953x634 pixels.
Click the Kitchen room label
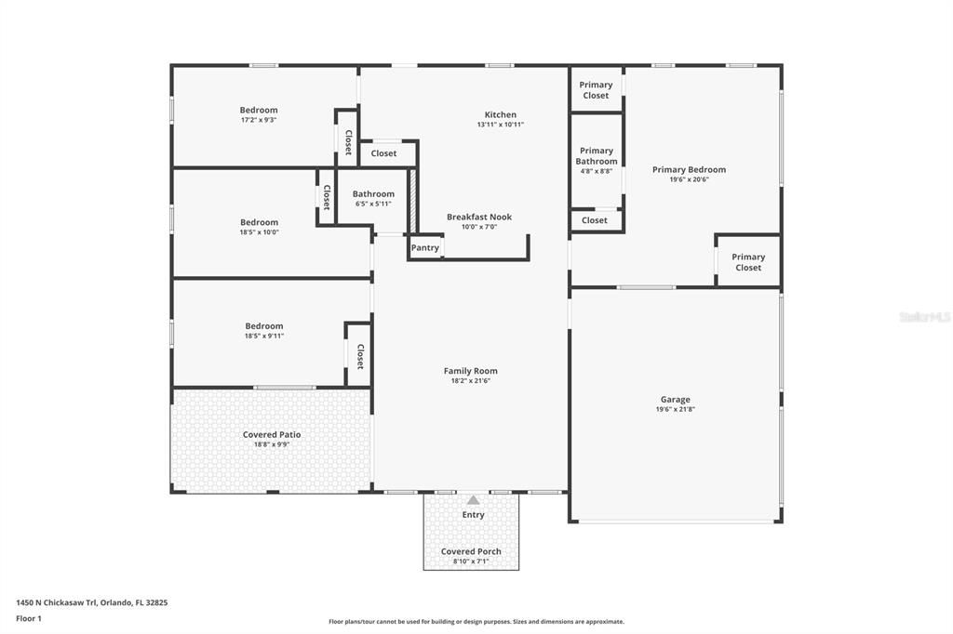tap(500, 114)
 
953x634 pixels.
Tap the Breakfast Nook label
tap(479, 217)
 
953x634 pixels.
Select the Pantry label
tap(424, 248)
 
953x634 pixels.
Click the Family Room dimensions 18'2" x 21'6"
tap(470, 381)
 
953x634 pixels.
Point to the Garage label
tap(676, 400)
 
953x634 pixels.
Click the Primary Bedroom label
tap(690, 169)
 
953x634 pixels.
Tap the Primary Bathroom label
tap(597, 156)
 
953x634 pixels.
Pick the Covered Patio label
tap(272, 435)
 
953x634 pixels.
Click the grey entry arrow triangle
tap(473, 500)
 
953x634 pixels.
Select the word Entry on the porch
tap(473, 515)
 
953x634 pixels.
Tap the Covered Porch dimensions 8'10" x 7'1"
tap(471, 561)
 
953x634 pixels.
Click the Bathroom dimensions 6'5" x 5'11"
tap(373, 204)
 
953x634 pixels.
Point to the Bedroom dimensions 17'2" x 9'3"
tap(259, 120)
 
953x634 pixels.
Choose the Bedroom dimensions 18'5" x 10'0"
tap(259, 232)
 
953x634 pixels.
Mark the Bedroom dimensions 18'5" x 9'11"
tap(264, 336)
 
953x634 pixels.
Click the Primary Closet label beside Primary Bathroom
tap(596, 90)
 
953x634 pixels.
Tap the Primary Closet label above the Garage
tap(748, 262)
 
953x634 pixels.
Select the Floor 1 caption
tap(29, 619)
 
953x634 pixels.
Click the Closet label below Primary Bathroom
tap(595, 220)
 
